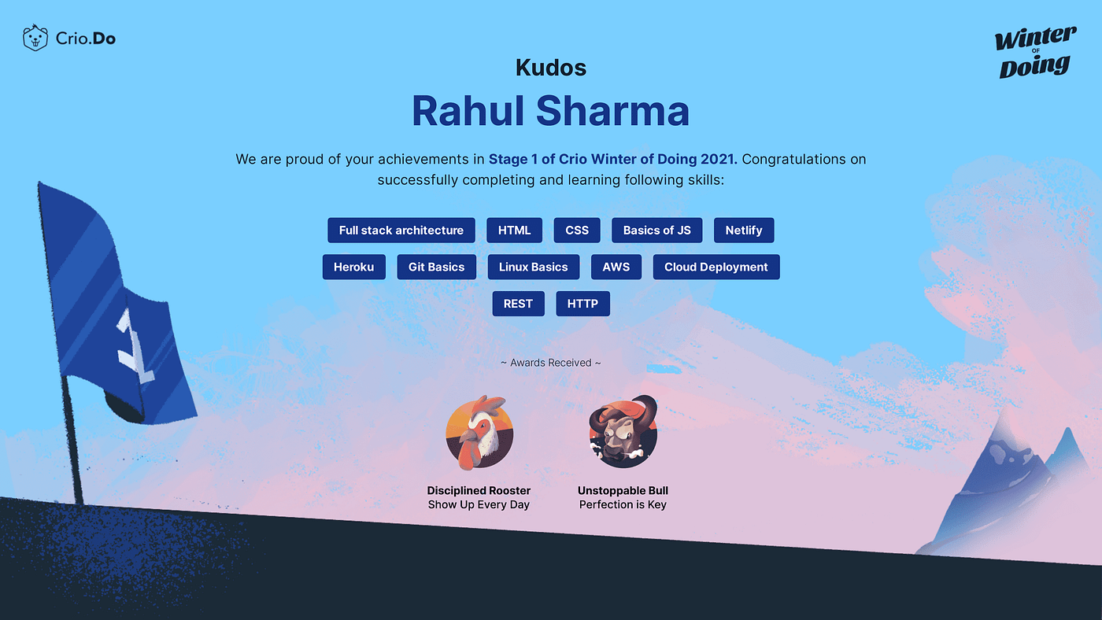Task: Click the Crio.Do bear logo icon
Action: coord(35,38)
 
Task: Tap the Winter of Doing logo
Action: coord(1035,53)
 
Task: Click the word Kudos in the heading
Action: coord(551,68)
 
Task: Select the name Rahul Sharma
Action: coord(550,111)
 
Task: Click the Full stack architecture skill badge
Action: coord(401,230)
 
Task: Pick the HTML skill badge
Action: coord(514,230)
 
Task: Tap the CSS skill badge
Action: coord(576,230)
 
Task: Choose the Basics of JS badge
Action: coord(656,230)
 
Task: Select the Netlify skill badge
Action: coord(744,230)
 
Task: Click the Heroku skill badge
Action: coord(353,267)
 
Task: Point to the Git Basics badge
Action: coord(436,267)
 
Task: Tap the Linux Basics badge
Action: coord(534,267)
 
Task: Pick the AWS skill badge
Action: coord(616,267)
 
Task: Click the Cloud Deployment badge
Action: coord(716,267)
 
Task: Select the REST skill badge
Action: coord(518,304)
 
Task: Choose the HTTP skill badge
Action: coord(582,304)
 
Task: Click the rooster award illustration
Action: coord(479,433)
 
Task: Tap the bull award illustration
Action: coord(623,432)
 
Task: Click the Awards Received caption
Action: coord(550,363)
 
